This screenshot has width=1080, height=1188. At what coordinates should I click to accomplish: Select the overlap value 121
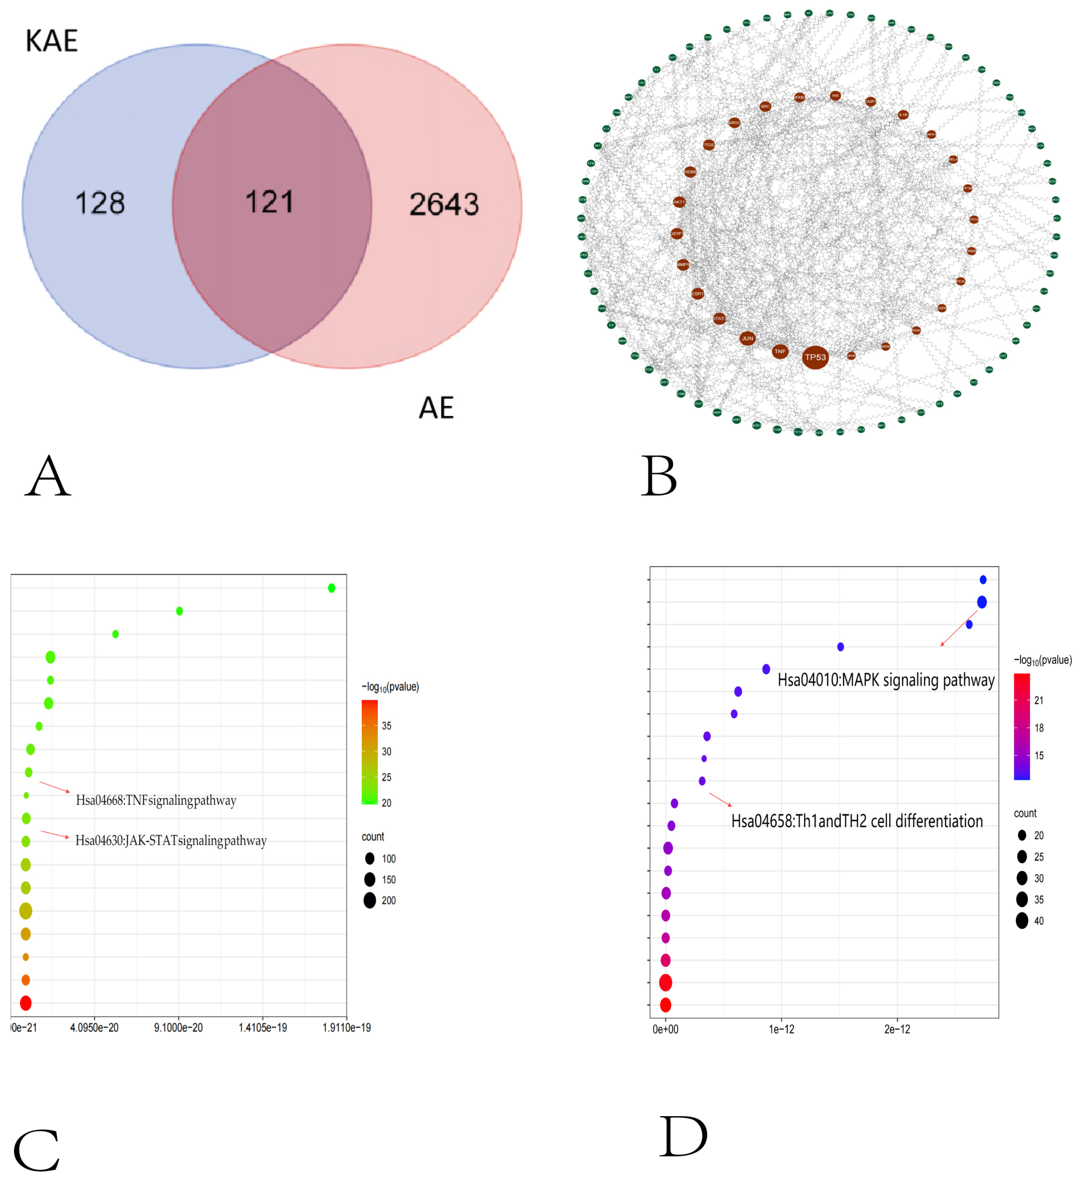click(269, 202)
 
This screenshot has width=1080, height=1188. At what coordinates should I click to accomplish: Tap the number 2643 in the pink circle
click(444, 205)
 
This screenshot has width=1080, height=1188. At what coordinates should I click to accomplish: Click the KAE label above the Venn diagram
click(52, 41)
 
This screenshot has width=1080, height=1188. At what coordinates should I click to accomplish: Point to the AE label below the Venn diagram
click(436, 408)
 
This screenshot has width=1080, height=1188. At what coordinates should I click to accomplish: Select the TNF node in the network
click(779, 351)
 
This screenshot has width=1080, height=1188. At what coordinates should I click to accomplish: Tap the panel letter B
click(659, 476)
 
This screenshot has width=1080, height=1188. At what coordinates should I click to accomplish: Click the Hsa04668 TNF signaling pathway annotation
click(156, 800)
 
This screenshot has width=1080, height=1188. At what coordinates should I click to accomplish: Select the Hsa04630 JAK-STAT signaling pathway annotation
click(171, 840)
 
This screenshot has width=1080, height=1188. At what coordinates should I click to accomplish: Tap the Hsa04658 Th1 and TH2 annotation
click(857, 821)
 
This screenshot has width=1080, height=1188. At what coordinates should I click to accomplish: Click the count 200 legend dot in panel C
click(370, 901)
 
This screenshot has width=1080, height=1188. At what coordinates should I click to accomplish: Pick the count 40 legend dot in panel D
click(1022, 921)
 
